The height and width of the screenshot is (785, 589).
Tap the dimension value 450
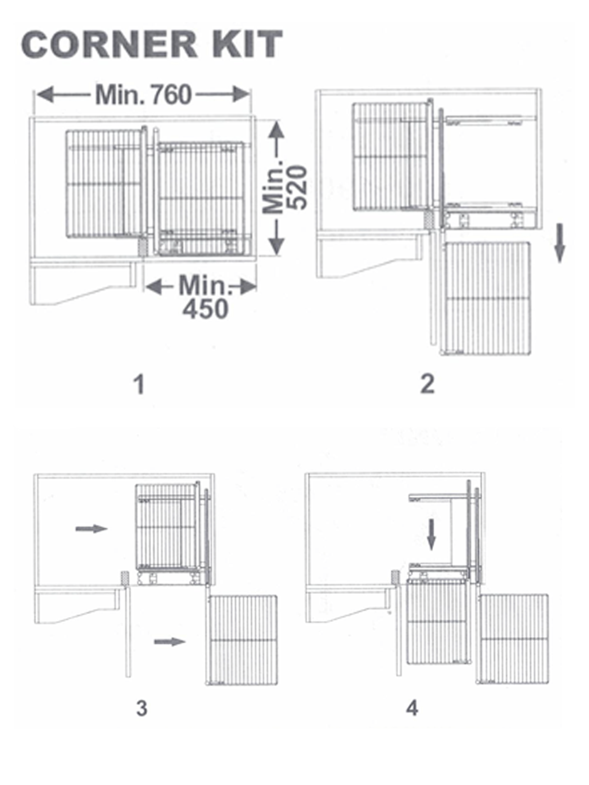(x=205, y=309)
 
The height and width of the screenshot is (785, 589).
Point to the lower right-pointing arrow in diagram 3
(x=170, y=641)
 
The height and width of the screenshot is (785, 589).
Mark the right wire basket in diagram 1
(x=201, y=199)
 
